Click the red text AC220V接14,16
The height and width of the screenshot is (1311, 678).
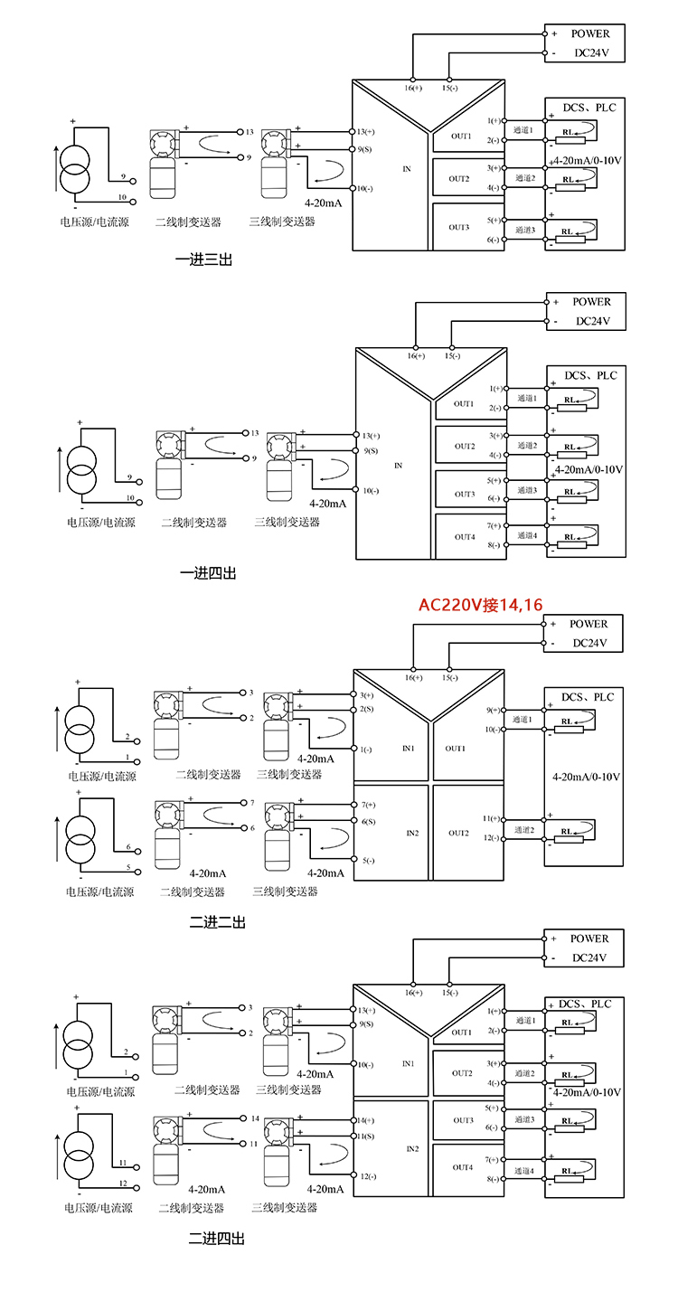point(479,605)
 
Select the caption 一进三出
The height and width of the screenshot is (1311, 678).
point(203,260)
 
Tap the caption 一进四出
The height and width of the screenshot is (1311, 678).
point(208,573)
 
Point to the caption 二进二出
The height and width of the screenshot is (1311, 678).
point(217,922)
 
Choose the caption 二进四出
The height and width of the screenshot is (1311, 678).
point(216,1238)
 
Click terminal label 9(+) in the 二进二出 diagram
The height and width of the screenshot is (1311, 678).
point(493,710)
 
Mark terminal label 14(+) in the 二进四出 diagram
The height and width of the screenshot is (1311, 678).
point(365,1120)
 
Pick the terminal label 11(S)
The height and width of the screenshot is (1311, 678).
point(365,1136)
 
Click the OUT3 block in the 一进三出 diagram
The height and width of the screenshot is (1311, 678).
point(459,227)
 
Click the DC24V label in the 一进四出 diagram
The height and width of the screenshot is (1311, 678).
point(592,321)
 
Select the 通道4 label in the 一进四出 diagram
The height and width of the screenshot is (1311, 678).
point(526,535)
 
